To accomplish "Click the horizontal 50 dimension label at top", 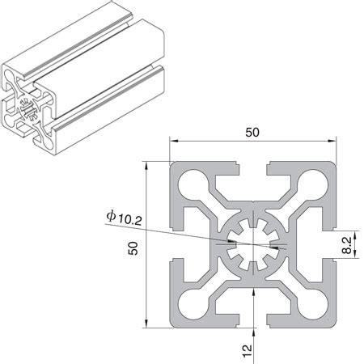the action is coord(252,132).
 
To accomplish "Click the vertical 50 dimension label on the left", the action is coord(133,248).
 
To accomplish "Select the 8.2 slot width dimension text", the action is coord(347,245).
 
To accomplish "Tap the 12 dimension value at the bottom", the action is coord(247,351).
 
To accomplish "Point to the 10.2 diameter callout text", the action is coord(130,220).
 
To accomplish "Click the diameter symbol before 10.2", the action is coord(111,216).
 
